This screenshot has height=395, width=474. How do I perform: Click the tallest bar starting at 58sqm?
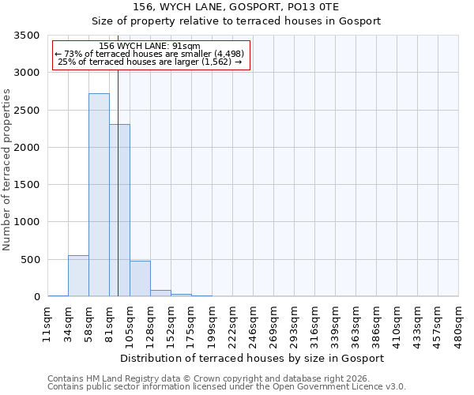click(99, 195)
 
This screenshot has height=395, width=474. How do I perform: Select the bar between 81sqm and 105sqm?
click(119, 210)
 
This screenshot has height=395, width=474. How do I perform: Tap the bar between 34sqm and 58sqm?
click(78, 276)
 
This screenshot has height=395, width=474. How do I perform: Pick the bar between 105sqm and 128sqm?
click(140, 279)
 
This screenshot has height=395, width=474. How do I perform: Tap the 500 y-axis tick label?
click(31, 260)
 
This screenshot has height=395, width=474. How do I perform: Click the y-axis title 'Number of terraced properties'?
click(7, 169)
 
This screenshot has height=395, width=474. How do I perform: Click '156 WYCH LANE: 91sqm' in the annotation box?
click(150, 46)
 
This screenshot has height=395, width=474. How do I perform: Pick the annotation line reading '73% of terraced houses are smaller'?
click(150, 54)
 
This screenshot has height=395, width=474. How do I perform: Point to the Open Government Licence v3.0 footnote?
click(226, 387)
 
